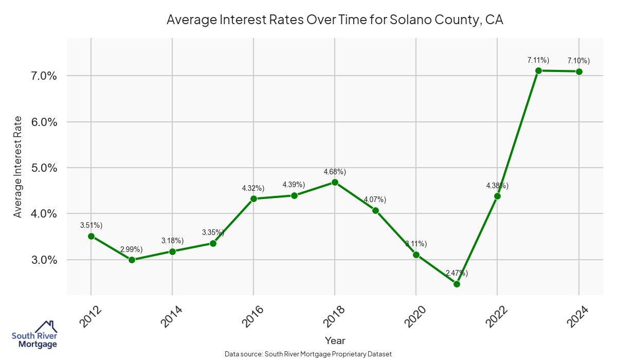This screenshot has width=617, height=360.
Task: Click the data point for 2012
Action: [x=91, y=236]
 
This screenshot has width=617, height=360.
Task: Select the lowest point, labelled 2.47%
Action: [x=457, y=284]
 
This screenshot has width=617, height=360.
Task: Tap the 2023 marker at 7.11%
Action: [x=538, y=70]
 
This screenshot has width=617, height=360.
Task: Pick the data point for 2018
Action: [x=335, y=182]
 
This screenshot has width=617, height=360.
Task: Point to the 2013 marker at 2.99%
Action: [x=132, y=260]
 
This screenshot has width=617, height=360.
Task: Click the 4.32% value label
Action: [x=253, y=188]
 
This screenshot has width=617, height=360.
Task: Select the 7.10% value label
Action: [x=578, y=61]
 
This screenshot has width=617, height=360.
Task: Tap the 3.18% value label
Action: [x=172, y=241]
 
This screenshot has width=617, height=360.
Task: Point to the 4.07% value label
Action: [x=375, y=200]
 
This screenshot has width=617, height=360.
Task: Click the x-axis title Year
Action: [x=335, y=340]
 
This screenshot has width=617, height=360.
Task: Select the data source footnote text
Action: [x=308, y=354]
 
